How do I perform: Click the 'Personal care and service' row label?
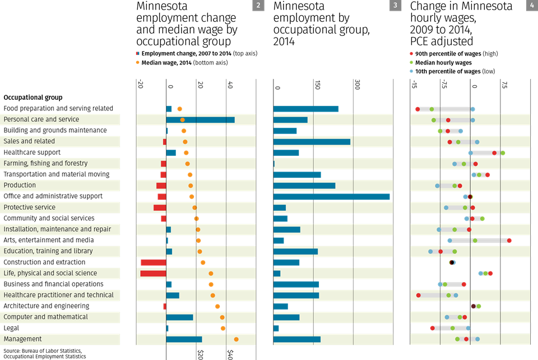41,119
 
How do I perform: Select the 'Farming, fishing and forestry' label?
45,163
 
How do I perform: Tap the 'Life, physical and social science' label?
50,273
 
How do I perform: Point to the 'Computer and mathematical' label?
45,317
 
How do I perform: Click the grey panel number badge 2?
258,6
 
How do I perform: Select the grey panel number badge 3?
395,6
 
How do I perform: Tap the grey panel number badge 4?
532,6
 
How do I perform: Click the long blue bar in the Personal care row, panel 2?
200,119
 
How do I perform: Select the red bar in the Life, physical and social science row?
153,273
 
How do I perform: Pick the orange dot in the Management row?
236,339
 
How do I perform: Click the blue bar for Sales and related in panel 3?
312,141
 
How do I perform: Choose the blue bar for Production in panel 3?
304,185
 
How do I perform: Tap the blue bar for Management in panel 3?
297,339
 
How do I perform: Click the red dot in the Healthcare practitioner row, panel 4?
418,295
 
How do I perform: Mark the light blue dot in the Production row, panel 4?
437,186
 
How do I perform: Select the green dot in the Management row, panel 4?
457,339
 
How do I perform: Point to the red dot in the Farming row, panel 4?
475,164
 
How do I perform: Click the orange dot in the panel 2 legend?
138,62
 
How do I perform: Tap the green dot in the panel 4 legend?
411,62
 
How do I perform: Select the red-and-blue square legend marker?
137,54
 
